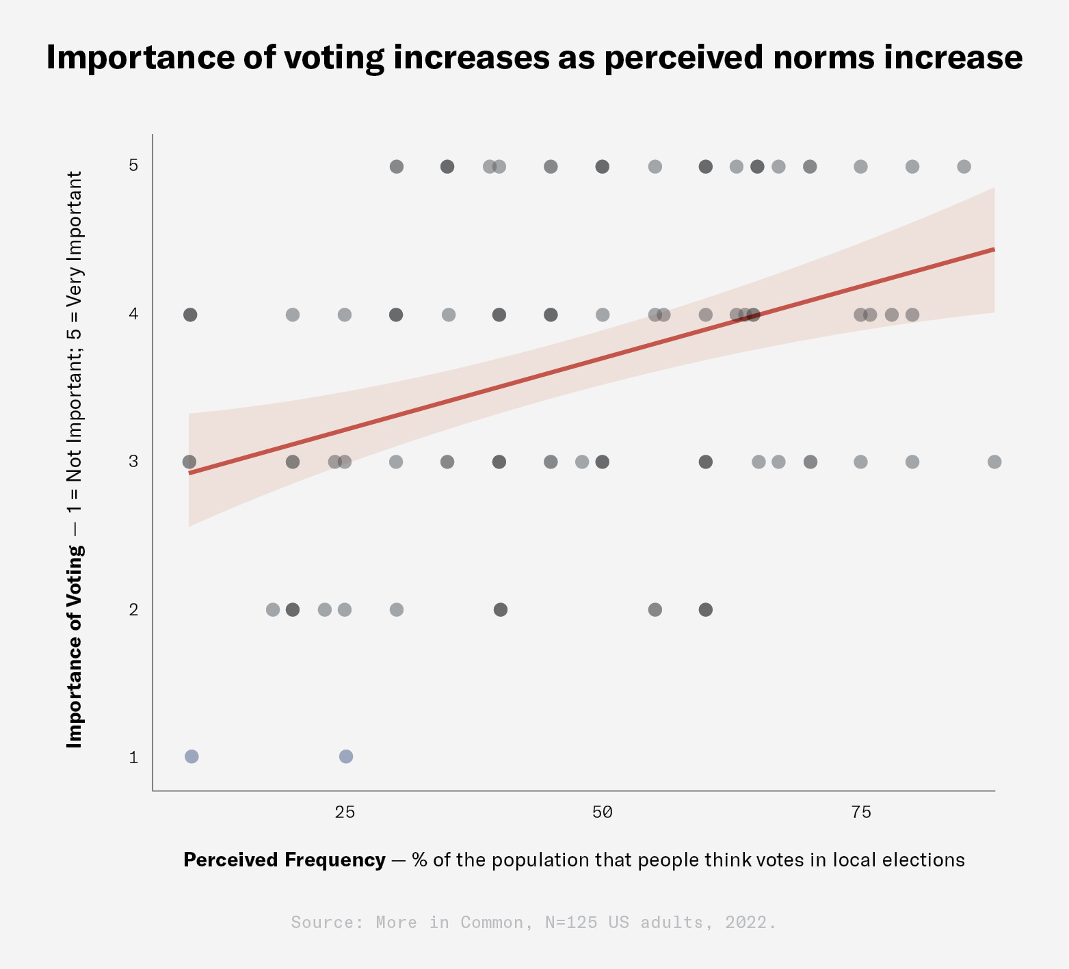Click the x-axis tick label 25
coord(345,812)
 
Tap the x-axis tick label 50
coord(603,812)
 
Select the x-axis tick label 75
coord(861,812)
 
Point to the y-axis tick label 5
coord(133,165)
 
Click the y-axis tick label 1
coord(133,758)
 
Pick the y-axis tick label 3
coord(133,462)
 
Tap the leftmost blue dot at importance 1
coord(192,756)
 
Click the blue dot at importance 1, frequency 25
coord(346,756)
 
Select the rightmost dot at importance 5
coord(964,166)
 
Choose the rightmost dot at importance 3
coord(994,462)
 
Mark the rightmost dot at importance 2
coord(706,609)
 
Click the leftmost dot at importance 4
coord(190,315)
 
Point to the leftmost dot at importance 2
coord(272,609)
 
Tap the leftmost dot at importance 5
coord(397,166)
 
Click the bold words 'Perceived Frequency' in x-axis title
coord(285,860)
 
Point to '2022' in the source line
coord(746,922)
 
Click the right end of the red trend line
coord(993,250)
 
